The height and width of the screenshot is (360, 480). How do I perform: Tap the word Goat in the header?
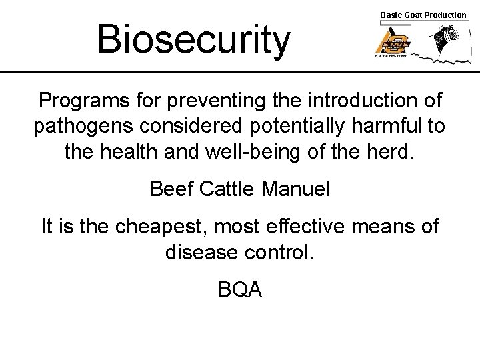pos(413,15)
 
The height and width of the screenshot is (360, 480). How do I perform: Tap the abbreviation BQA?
pos(240,289)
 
